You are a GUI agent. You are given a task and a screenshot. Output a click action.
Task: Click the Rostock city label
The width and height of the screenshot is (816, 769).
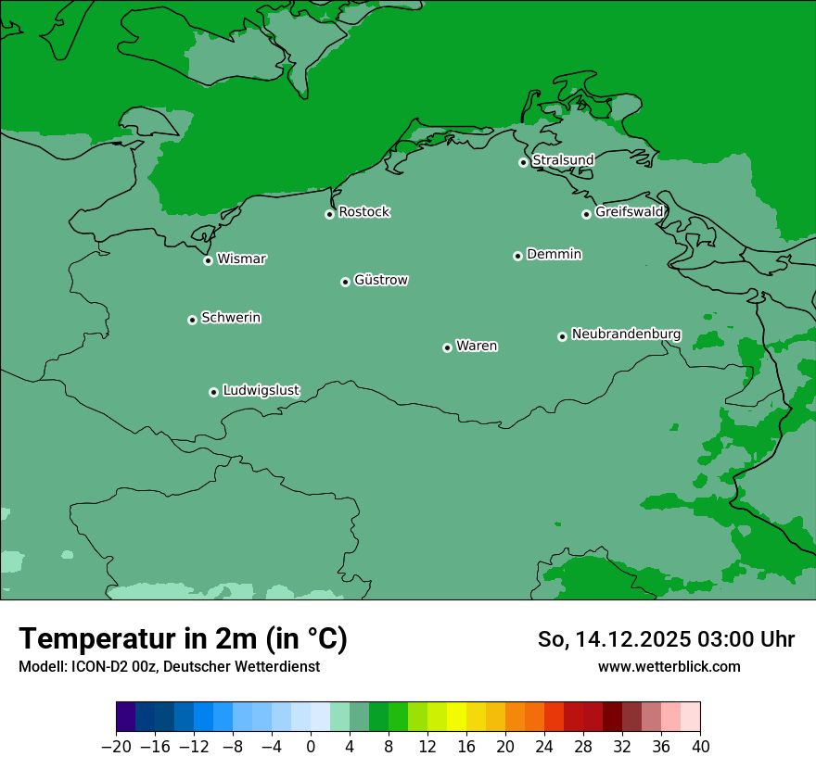click(363, 212)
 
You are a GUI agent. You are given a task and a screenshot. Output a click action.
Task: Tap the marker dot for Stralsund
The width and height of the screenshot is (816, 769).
click(523, 162)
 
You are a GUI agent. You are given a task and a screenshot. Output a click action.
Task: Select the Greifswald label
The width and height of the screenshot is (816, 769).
click(629, 212)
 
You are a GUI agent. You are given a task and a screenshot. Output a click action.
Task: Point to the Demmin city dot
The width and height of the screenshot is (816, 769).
click(517, 256)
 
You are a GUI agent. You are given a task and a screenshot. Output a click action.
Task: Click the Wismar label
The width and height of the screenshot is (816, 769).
click(241, 259)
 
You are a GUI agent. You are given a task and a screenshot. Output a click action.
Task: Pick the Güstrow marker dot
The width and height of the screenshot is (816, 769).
click(345, 282)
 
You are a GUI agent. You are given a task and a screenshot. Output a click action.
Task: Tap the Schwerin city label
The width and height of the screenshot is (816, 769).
click(231, 318)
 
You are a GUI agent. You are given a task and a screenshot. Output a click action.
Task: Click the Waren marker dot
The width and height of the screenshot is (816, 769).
click(447, 347)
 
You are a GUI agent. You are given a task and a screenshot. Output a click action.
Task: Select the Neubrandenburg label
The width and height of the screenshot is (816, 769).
click(626, 334)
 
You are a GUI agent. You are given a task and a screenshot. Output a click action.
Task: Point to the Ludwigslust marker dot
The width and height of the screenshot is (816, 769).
click(213, 392)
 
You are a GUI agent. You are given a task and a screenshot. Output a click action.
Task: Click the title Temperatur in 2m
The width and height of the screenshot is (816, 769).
click(183, 639)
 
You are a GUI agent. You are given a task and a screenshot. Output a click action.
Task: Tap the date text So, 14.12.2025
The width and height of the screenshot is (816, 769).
click(613, 639)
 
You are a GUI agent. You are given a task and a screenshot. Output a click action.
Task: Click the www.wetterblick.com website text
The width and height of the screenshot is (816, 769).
click(669, 666)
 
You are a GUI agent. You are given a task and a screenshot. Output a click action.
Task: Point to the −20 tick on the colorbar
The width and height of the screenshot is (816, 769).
click(116, 747)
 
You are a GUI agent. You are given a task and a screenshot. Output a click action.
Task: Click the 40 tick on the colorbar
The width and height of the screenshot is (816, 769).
click(700, 747)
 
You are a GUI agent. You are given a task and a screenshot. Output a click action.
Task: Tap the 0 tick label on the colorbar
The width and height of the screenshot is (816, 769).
click(311, 747)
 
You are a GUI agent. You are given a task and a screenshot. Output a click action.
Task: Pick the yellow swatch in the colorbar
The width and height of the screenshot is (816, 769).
click(456, 717)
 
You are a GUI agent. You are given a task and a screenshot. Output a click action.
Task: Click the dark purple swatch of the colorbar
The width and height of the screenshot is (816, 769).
click(125, 717)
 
